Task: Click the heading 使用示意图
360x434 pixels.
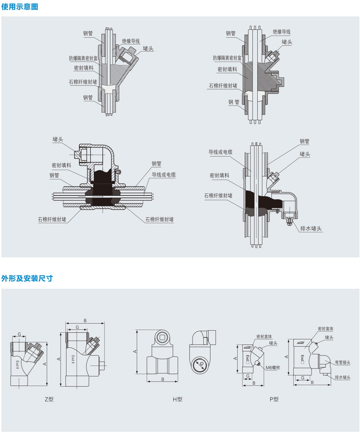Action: [20, 6]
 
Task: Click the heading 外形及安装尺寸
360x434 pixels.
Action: [27, 278]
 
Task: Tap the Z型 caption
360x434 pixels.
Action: [49, 399]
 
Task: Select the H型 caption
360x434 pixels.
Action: [177, 399]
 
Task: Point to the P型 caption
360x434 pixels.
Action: [274, 399]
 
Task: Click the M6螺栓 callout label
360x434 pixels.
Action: [273, 368]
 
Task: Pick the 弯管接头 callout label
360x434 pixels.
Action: [342, 362]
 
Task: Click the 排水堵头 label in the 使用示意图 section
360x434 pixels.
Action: [311, 228]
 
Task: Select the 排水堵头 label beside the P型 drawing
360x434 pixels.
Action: [342, 377]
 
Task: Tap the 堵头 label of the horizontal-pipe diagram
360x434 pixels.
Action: [58, 139]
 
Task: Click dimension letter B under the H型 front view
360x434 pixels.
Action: [163, 379]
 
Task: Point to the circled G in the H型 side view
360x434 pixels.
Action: [201, 364]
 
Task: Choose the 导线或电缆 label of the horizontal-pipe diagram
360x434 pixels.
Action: [163, 175]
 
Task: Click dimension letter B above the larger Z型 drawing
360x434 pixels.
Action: [85, 321]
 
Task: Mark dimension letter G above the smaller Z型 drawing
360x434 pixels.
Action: [19, 334]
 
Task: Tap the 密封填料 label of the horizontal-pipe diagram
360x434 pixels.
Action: [61, 165]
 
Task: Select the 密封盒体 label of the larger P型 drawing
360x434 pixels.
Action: [325, 329]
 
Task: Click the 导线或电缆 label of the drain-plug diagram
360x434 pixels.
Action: [220, 152]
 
